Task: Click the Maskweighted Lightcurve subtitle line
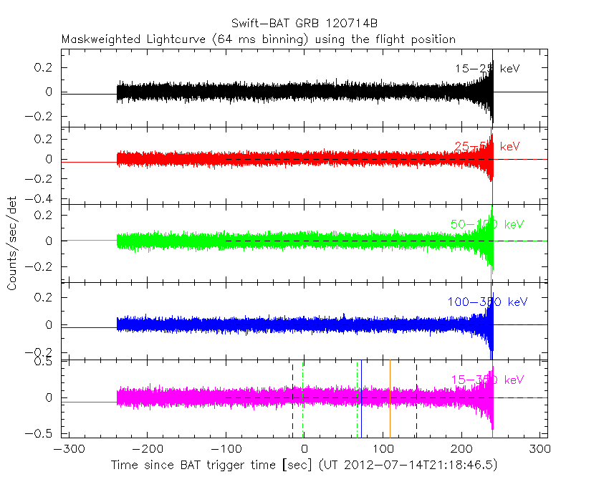(259, 39)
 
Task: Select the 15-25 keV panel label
(487, 69)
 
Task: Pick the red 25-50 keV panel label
(487, 147)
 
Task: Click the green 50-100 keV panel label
(487, 224)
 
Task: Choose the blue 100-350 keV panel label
(487, 302)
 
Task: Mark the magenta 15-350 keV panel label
(487, 379)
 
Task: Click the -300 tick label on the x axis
(67, 450)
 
